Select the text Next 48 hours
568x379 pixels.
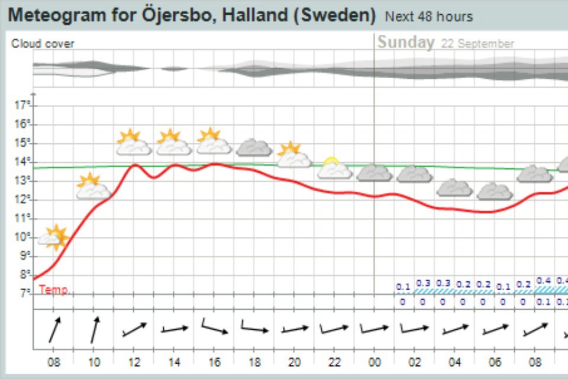pos(428,17)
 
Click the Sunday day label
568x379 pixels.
pos(406,43)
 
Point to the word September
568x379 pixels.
pos(485,44)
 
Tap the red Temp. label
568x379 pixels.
pos(54,290)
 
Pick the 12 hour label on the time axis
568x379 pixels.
pos(134,362)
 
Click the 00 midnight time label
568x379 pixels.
pos(375,362)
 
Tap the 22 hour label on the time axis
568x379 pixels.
pos(334,362)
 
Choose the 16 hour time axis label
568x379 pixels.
pos(214,362)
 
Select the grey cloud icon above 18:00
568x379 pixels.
pos(254,147)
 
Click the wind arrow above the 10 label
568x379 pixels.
pos(95,329)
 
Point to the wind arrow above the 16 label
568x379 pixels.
pos(215,327)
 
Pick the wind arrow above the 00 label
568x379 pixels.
pos(375,329)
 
